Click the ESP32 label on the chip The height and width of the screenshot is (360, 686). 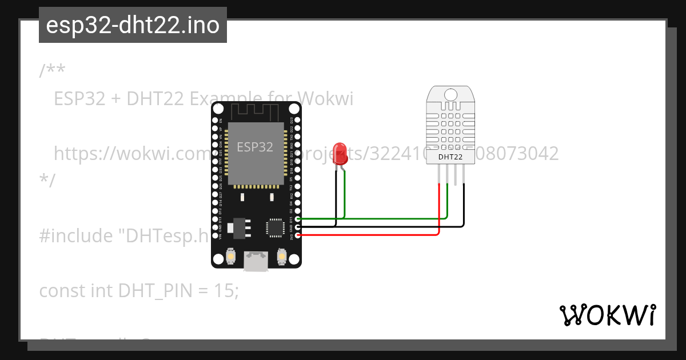point(255,147)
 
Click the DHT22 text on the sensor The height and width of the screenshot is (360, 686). point(451,157)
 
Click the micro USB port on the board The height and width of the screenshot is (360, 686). point(256,261)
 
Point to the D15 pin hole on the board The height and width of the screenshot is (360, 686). point(298,219)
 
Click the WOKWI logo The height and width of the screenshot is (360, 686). point(607,315)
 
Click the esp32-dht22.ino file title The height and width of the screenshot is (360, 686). point(133,26)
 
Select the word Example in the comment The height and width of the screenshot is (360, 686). point(220,99)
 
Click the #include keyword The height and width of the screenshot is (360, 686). point(75,235)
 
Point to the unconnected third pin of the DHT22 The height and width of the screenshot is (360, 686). point(456,174)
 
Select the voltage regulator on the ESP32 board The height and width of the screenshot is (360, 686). point(238,227)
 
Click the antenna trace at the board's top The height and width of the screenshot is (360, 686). point(256,111)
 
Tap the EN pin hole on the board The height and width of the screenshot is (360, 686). point(220,121)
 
